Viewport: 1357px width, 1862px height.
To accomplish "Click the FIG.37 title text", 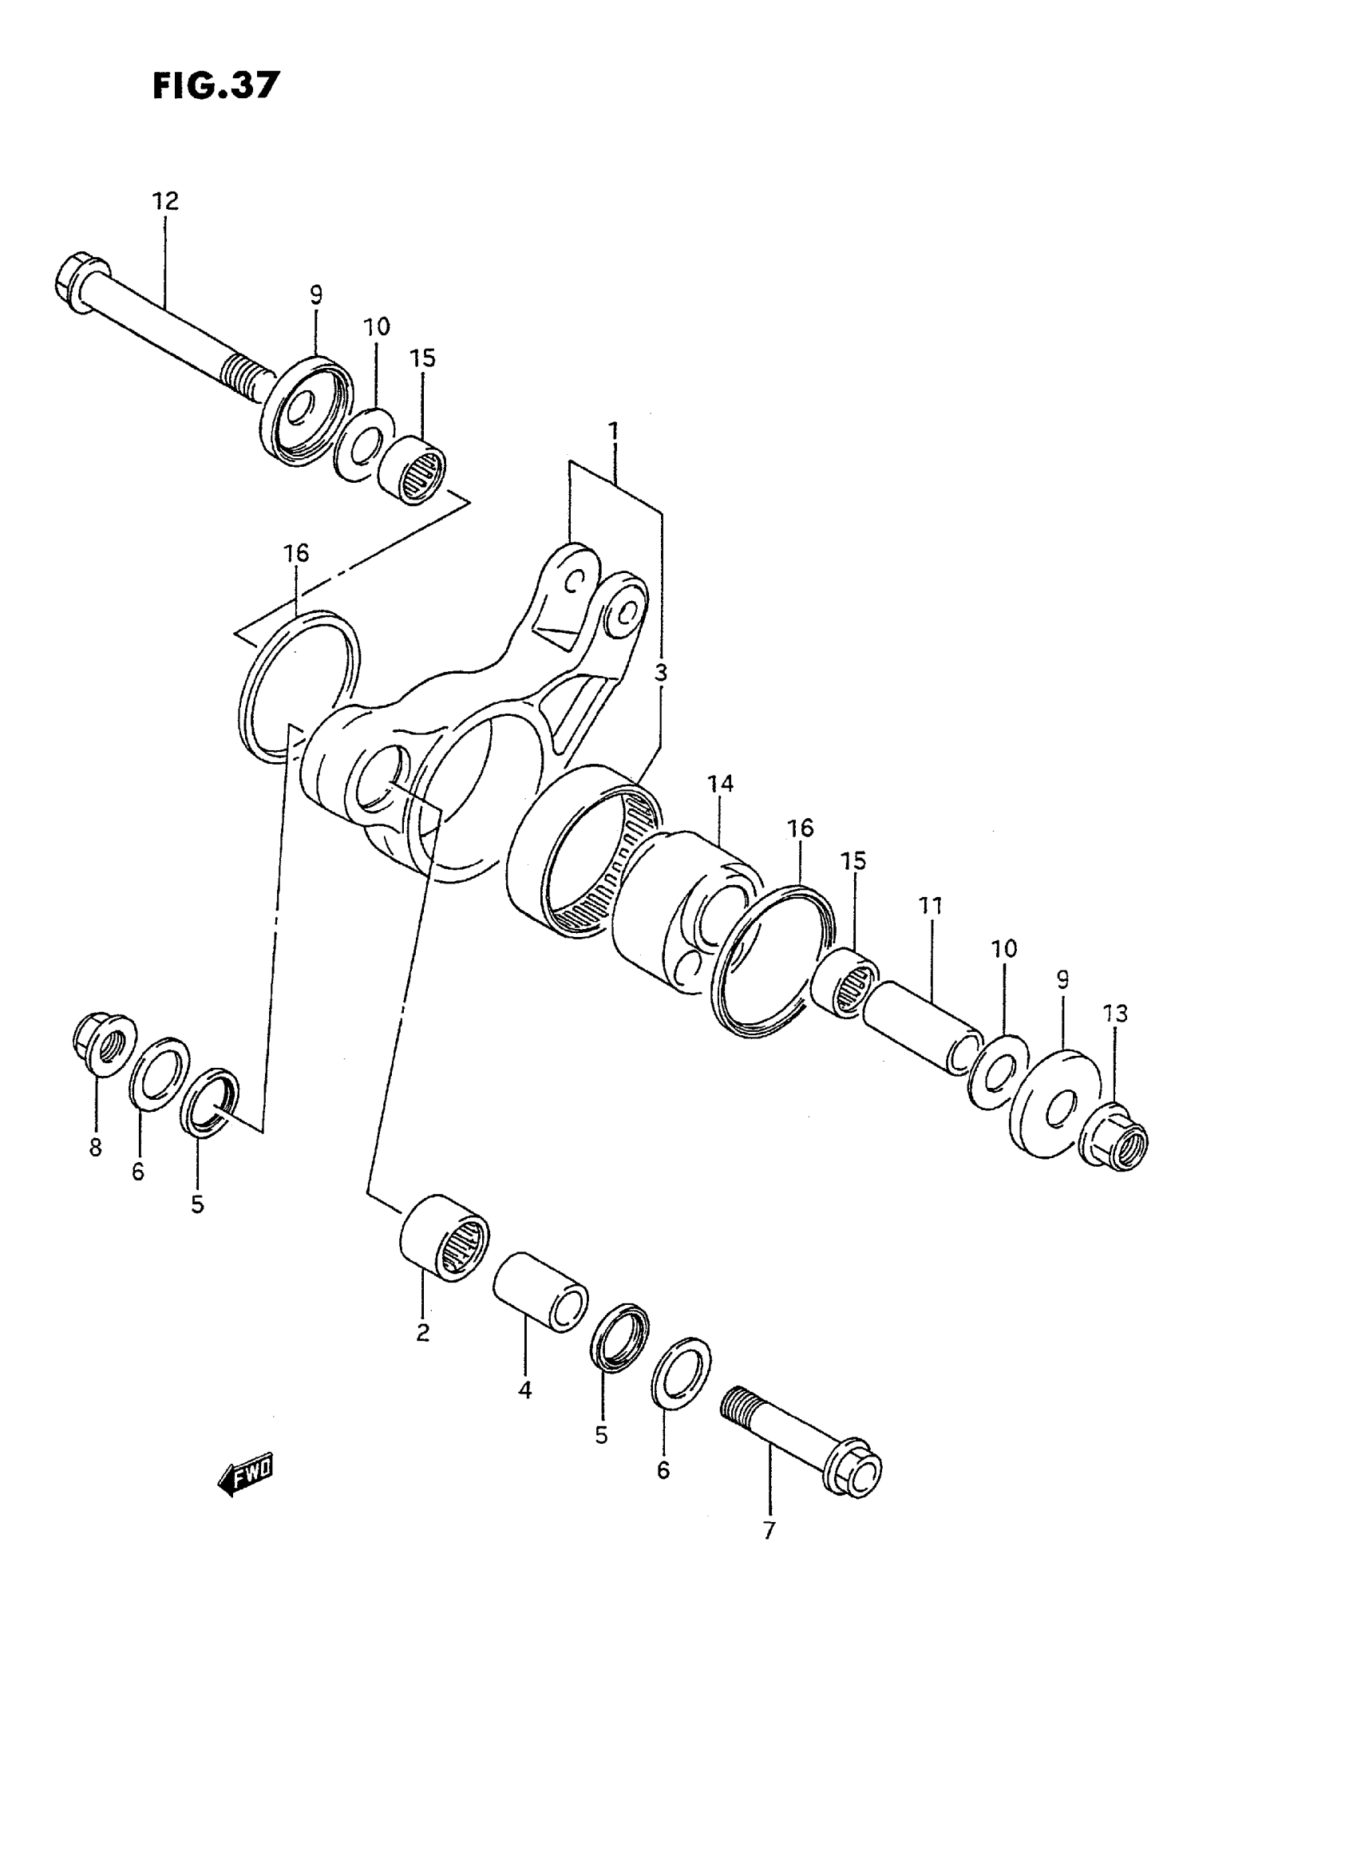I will click(216, 85).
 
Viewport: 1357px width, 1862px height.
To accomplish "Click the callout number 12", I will click(164, 201).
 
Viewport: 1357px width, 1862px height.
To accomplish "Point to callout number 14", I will click(719, 784).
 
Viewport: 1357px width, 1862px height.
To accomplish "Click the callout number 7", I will click(769, 1531).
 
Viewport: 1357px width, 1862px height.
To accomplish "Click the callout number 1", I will click(613, 430).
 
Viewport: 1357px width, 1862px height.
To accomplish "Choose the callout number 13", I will click(1115, 1014).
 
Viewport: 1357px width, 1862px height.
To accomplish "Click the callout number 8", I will click(96, 1148).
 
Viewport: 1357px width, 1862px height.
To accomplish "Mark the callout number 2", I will click(422, 1332).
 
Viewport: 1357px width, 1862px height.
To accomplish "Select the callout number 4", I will click(525, 1390).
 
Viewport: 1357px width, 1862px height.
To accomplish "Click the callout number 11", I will click(930, 906).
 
